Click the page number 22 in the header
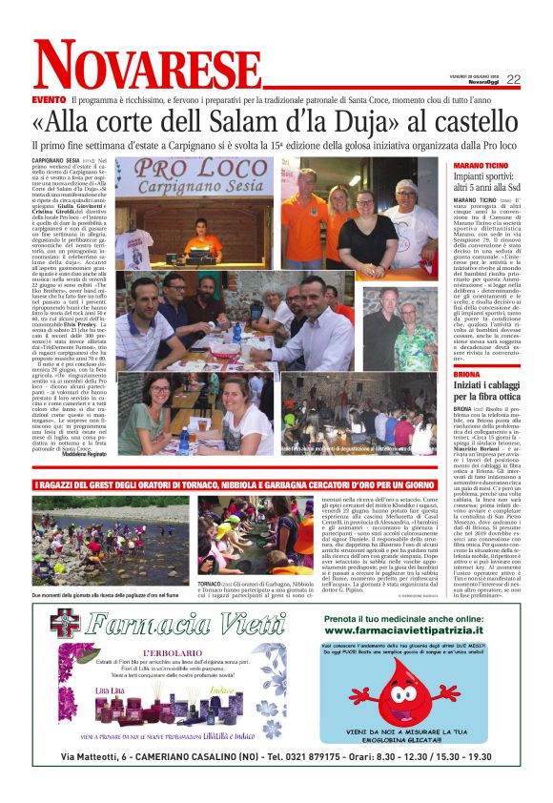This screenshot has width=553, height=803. tap(513, 80)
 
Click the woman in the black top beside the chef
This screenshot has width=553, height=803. tap(363, 228)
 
